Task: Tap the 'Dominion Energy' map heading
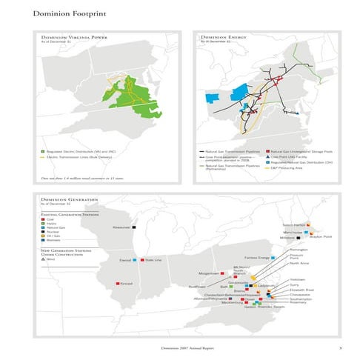click(223, 37)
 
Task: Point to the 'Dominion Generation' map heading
click(65, 201)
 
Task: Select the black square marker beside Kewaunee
click(135, 227)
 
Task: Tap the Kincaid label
click(125, 283)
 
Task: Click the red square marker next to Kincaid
click(113, 283)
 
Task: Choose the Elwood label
click(125, 260)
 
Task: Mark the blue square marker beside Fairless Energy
click(274, 257)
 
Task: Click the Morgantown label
click(210, 274)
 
